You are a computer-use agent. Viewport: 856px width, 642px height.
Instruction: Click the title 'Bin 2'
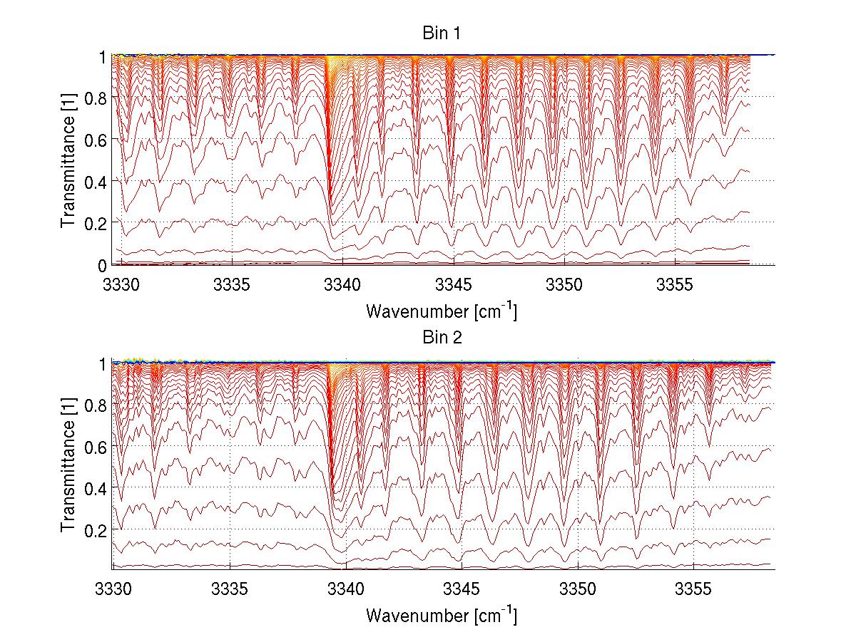tap(442, 338)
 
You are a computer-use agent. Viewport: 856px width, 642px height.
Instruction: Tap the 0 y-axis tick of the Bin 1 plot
tap(103, 265)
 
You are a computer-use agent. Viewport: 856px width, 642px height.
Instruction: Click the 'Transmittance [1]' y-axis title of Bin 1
tap(68, 160)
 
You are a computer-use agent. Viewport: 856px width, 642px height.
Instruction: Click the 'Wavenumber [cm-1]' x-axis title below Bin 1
tap(442, 311)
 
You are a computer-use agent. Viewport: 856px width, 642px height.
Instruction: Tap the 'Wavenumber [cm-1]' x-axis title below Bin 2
tap(442, 615)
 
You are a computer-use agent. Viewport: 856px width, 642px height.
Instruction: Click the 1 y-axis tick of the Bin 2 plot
tap(103, 363)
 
